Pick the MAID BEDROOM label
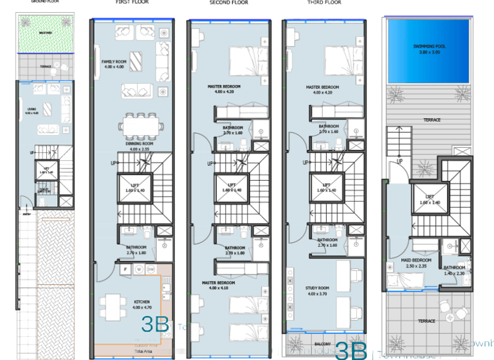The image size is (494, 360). [415, 260]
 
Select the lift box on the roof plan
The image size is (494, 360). [426, 198]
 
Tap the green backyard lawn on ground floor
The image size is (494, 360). [45, 32]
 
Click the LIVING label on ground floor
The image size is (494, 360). [32, 109]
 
